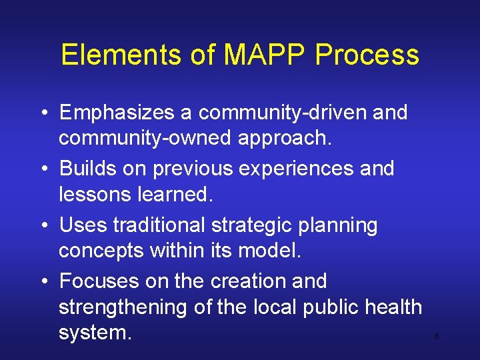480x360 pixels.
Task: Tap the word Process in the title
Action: click(x=367, y=55)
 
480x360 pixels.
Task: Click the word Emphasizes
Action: click(x=117, y=113)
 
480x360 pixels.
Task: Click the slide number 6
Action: click(x=437, y=337)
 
